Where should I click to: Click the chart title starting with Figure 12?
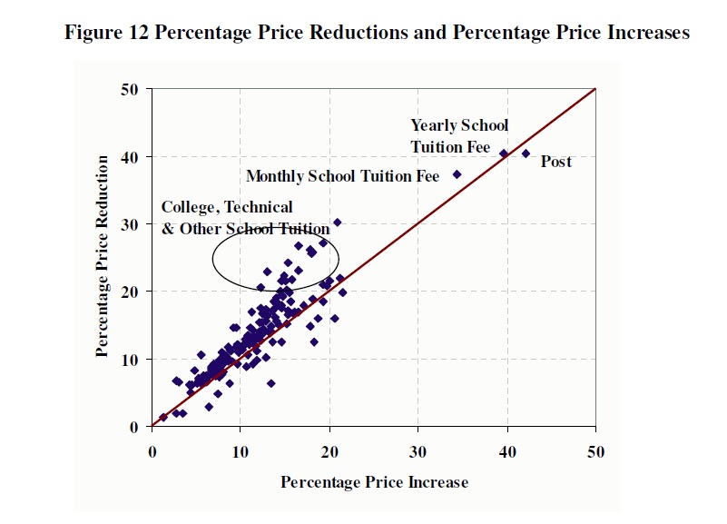(377, 33)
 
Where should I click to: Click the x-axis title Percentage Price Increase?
(374, 481)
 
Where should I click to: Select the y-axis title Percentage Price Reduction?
(103, 256)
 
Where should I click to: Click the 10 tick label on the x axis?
(240, 451)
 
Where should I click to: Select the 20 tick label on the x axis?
(329, 451)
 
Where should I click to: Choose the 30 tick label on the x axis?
(418, 451)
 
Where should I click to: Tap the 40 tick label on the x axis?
(506, 451)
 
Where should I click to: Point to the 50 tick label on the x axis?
(595, 451)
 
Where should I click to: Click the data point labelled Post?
(526, 153)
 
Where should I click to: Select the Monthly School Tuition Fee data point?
(457, 174)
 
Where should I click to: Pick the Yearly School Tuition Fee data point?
(504, 153)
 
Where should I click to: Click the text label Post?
(556, 162)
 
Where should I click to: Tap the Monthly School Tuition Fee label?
(342, 175)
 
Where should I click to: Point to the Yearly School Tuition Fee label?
(459, 135)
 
